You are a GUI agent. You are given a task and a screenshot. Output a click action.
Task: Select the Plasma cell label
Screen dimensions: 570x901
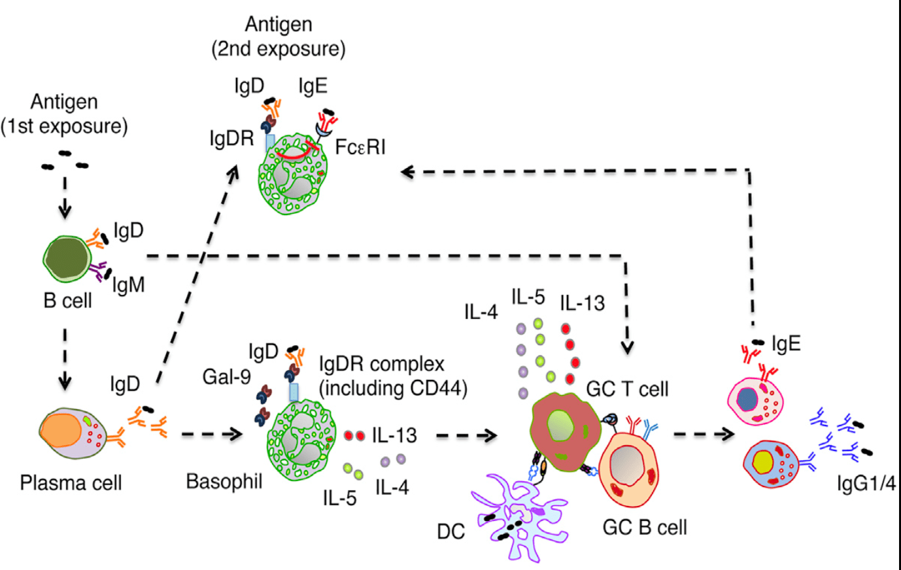(x=71, y=483)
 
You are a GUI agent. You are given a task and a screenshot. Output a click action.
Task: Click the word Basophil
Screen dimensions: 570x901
(x=224, y=482)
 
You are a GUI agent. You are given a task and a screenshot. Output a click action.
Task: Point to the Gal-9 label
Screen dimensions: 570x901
(x=226, y=377)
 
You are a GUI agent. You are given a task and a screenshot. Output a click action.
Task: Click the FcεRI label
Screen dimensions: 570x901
(x=360, y=147)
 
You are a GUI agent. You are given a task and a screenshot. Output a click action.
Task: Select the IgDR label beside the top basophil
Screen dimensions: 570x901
(x=231, y=138)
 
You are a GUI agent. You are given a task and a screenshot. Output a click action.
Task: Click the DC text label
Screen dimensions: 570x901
(x=451, y=532)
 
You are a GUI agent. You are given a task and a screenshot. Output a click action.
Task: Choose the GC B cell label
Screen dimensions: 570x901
(x=644, y=528)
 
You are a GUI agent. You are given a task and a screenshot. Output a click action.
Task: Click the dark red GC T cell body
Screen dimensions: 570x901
(x=562, y=431)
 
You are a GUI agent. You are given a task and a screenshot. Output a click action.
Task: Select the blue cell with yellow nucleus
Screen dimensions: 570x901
(x=772, y=463)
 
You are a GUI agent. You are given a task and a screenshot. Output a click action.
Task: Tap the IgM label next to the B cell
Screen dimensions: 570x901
(x=128, y=285)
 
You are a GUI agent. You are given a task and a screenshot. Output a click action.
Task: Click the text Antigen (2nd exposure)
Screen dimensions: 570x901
(x=279, y=37)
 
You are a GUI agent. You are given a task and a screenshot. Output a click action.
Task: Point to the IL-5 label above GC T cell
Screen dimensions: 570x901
(x=528, y=297)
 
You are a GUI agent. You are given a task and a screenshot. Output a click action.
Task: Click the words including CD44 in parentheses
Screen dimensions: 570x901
(x=394, y=388)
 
